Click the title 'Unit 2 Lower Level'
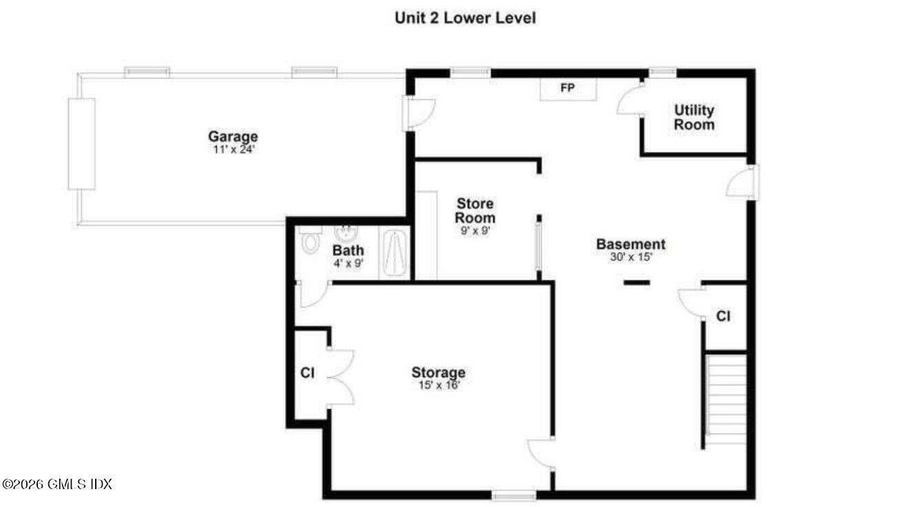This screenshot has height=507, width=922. (465, 18)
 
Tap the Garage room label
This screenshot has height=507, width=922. (234, 136)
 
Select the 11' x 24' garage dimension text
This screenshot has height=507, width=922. (234, 149)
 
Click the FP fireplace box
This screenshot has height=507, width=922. (568, 88)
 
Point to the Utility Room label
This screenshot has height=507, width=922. (694, 117)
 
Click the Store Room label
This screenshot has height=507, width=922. (475, 211)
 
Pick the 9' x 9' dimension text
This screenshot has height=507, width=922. (475, 231)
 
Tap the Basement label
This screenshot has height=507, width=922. (631, 244)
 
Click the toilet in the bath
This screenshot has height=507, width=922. (311, 241)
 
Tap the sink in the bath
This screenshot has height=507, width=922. (345, 234)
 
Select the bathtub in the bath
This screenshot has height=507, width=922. (395, 253)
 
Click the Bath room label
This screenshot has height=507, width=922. (348, 250)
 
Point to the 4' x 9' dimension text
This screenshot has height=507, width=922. (348, 262)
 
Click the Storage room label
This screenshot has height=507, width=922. (438, 373)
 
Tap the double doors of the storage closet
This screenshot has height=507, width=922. (340, 376)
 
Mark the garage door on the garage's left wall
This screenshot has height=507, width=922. (81, 143)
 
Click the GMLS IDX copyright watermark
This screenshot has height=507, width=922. (57, 484)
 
